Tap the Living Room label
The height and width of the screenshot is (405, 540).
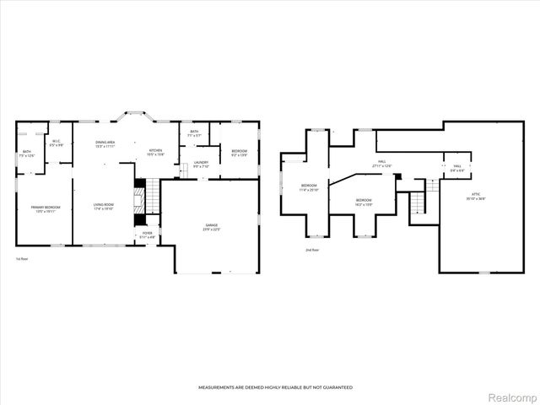(104, 205)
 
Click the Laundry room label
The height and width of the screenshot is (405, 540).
(201, 164)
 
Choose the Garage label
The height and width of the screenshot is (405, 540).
(211, 226)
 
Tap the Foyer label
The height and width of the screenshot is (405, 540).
(147, 235)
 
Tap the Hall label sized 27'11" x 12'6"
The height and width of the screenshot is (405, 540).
(381, 164)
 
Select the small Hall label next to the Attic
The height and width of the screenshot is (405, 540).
(456, 168)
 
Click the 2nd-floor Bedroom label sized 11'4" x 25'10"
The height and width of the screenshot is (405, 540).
(310, 186)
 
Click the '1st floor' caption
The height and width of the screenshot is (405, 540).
(23, 259)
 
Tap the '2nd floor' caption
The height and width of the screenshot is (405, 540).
(313, 250)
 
